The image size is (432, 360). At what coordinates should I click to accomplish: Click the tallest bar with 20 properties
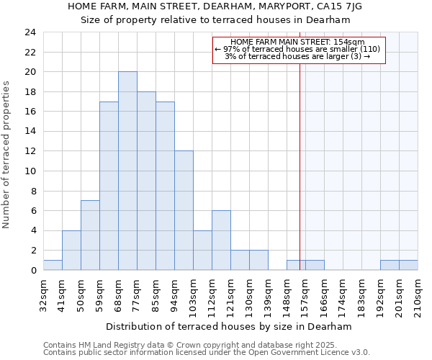[127, 171]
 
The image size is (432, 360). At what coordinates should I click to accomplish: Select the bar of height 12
[184, 210]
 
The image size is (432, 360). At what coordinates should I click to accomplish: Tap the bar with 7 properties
[90, 235]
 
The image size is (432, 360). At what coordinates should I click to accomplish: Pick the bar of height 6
[221, 240]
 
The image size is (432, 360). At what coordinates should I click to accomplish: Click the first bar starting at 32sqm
[53, 265]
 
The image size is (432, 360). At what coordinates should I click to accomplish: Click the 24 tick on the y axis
[30, 32]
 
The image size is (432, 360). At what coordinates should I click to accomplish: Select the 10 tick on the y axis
[30, 171]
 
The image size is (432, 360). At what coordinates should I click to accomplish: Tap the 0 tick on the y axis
[32, 271]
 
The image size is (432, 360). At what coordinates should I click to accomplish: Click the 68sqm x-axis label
[119, 294]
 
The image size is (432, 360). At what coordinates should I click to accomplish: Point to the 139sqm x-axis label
[269, 295]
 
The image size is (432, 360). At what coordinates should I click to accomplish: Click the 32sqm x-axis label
[44, 294]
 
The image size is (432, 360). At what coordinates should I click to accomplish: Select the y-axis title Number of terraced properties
[7, 155]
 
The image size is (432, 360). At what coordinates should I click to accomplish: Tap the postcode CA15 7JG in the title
[337, 6]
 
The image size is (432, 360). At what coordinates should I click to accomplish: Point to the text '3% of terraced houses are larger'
[297, 56]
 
